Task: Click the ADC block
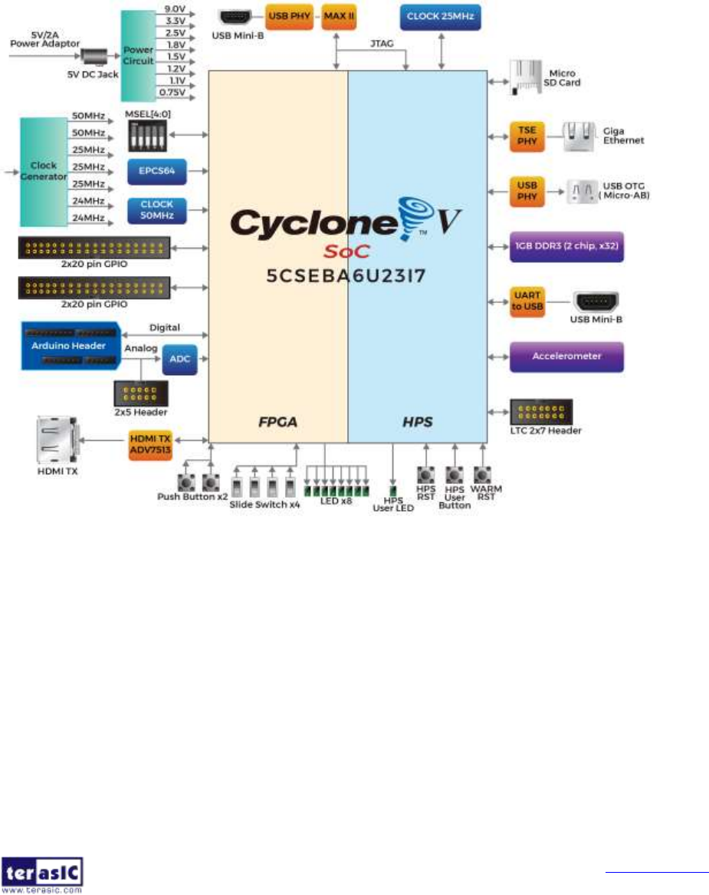(x=179, y=360)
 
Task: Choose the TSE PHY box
(x=527, y=135)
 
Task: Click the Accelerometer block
(x=566, y=356)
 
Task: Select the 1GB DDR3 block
(x=566, y=247)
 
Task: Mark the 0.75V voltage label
(x=172, y=93)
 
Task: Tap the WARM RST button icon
(x=482, y=475)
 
